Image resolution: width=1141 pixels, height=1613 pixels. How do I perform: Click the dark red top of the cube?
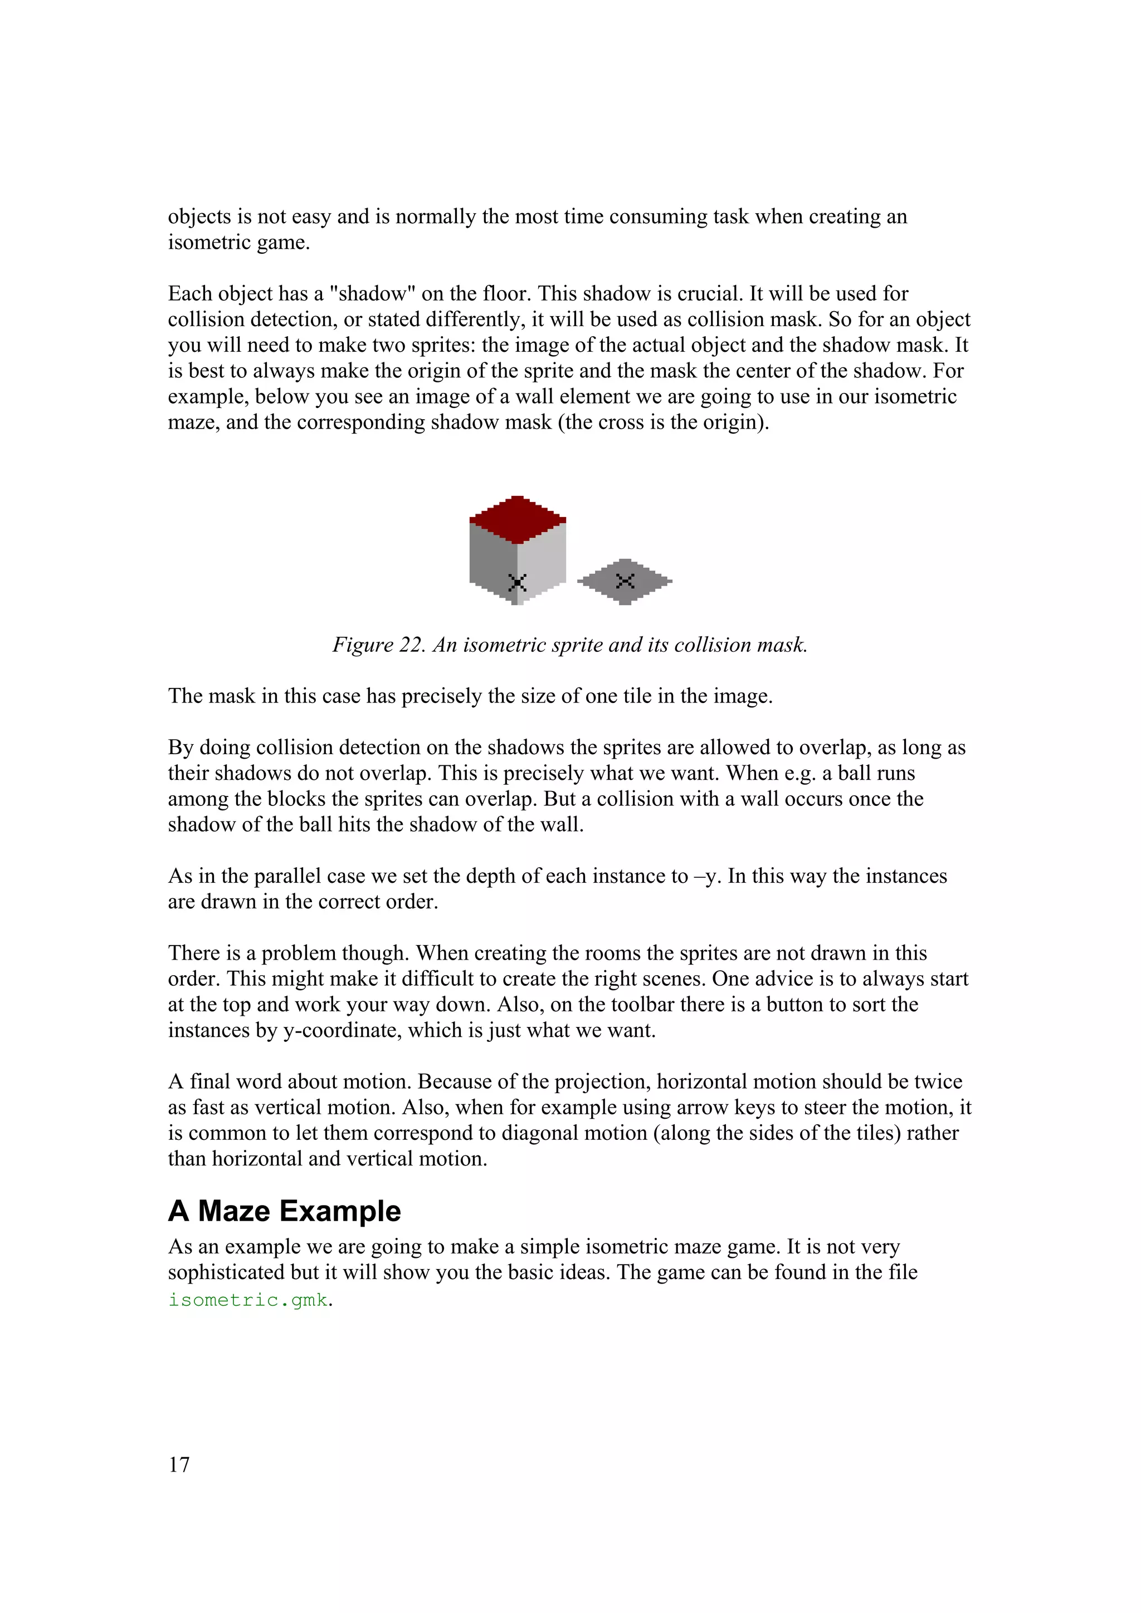click(518, 519)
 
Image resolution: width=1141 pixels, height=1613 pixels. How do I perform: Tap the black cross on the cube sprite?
click(518, 582)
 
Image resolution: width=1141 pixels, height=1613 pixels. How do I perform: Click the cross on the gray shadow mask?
click(625, 581)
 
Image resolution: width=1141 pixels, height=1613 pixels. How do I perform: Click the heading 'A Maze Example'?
click(284, 1211)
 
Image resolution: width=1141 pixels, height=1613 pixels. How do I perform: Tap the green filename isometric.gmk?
click(248, 1300)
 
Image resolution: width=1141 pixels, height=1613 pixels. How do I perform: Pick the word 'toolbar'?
click(642, 1005)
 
